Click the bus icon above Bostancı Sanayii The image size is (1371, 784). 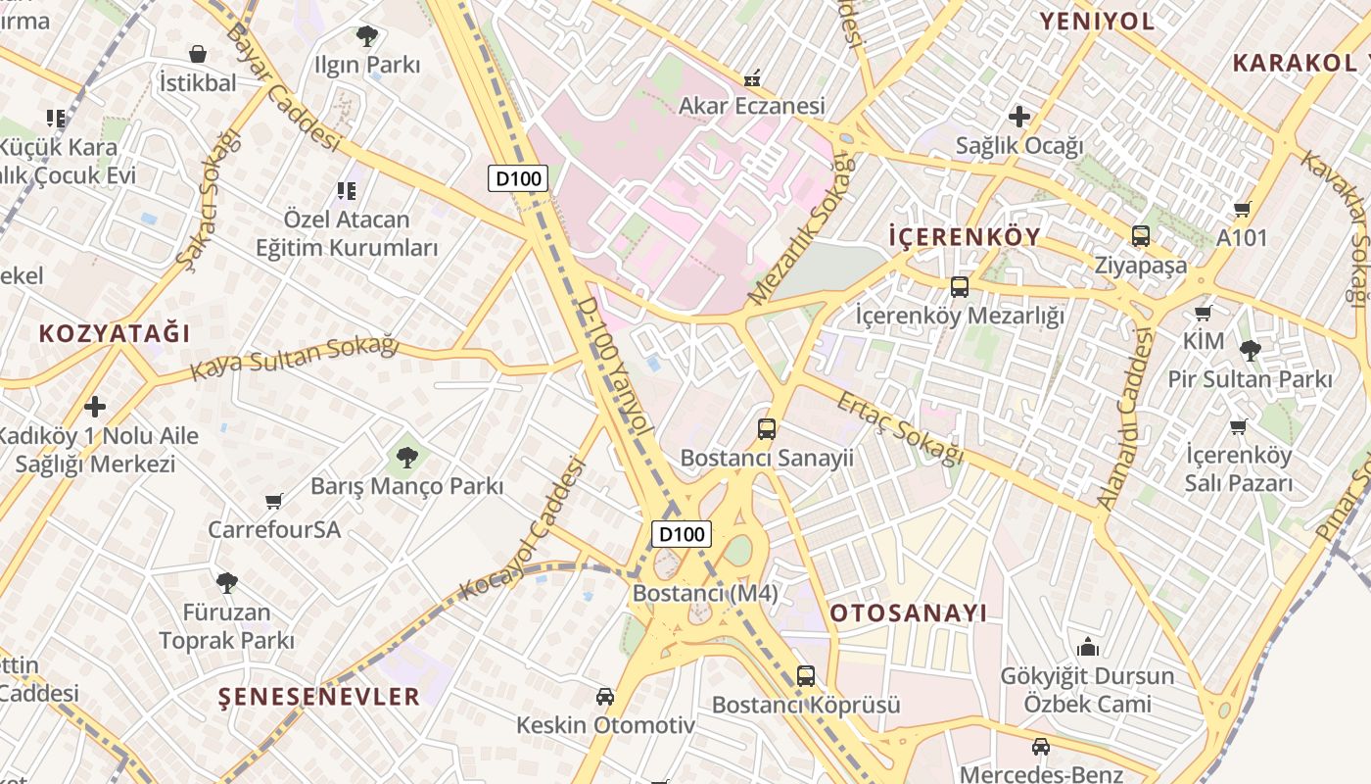coord(767,429)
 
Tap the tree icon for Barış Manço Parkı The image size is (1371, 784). coord(407,456)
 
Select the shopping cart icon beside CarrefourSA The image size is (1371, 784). coord(274,502)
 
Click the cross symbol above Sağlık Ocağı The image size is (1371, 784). coord(1019,117)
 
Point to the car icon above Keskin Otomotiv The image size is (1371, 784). coord(605,697)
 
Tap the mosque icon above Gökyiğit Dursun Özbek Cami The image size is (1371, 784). coord(1087,647)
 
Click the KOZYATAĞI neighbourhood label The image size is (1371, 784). coord(115,334)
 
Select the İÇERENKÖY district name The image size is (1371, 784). coord(964,237)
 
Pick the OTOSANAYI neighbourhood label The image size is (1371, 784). coord(909,613)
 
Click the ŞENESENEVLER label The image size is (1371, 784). coord(319,697)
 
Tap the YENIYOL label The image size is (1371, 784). coord(1097,21)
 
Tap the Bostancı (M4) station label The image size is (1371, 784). coord(705,593)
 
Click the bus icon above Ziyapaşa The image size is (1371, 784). coord(1141,236)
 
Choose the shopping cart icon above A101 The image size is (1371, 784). coord(1243,209)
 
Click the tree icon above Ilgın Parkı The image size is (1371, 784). coord(367,37)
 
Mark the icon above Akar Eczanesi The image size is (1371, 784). coord(752,76)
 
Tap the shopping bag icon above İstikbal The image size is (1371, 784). coord(198,54)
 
